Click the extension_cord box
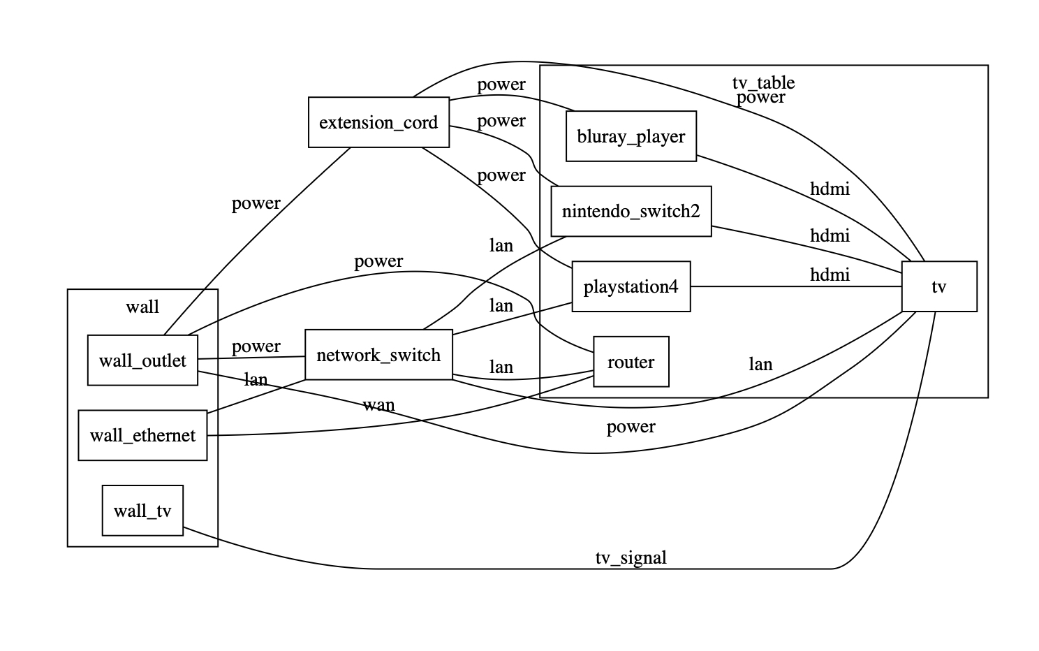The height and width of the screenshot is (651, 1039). pos(378,122)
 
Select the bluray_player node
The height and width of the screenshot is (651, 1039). pos(631,136)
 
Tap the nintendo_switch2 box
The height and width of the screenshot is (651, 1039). pos(631,211)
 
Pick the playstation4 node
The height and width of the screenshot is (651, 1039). pos(631,286)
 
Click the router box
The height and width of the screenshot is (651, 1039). pos(631,362)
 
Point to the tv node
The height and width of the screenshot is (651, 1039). pos(938,286)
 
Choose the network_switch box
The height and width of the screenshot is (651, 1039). pos(378,355)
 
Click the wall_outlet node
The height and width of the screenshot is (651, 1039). pos(142,360)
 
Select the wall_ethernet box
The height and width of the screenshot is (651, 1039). pos(142,435)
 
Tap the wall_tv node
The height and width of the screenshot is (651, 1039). pos(142,511)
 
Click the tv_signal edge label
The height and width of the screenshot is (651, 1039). pos(631,557)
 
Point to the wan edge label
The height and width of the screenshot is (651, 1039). pos(378,404)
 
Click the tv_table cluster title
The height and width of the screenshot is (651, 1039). pos(763,82)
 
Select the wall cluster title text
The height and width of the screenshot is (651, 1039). pos(142,307)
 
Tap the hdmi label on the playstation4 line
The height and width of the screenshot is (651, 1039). pos(830,275)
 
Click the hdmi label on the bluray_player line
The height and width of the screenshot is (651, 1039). pos(830,188)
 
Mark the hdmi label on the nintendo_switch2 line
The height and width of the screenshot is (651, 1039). pos(830,235)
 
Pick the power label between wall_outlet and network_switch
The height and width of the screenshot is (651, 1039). pos(256,346)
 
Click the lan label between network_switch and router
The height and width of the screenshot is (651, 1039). pos(501,367)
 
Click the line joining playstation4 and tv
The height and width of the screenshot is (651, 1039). pos(768,286)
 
